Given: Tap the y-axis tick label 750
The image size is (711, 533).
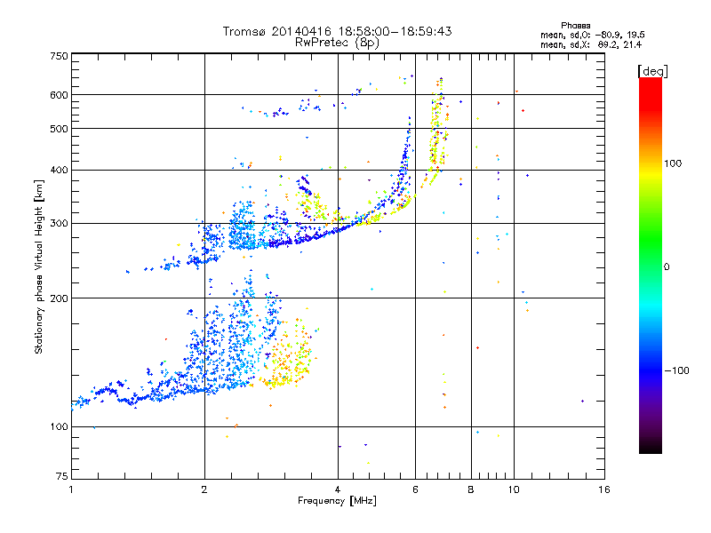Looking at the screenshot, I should click(x=59, y=55).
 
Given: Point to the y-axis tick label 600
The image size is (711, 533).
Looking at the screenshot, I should click(x=59, y=95).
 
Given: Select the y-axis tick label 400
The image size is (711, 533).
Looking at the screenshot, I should click(x=59, y=170).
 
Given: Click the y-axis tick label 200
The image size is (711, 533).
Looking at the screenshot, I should click(x=59, y=298).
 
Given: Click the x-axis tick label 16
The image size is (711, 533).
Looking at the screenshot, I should click(x=603, y=489).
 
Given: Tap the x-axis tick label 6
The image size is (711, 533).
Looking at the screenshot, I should click(x=415, y=489).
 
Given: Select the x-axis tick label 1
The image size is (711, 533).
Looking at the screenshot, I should click(x=71, y=489).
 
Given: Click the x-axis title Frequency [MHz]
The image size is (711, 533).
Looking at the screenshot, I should click(x=337, y=501).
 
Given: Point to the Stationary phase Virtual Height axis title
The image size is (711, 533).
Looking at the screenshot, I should click(x=39, y=267).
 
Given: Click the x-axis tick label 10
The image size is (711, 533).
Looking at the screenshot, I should click(x=513, y=489).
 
